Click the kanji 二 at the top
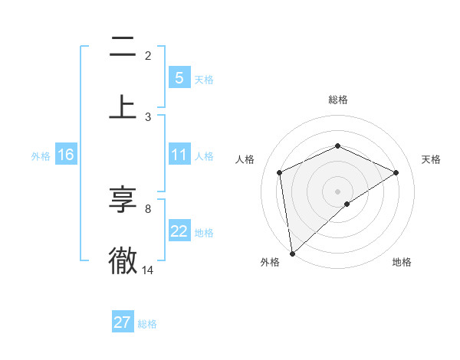pos(123,51)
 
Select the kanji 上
pos(123,107)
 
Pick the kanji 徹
pos(123,260)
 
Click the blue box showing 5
pos(179,78)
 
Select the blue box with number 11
pos(179,155)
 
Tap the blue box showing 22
pos(179,231)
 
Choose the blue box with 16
pos(66,155)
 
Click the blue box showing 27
pos(122,322)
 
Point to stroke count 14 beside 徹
pos(148,270)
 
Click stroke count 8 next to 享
pos(148,208)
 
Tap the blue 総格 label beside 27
pos(147,324)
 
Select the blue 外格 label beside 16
pos(41,156)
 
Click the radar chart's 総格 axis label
pos(338,100)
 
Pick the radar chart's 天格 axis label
pos(432,159)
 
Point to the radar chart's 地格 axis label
pos(402,262)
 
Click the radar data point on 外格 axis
pos(291,253)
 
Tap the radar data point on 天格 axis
pos(396,172)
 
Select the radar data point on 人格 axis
pos(280,172)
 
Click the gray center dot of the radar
pos(338,191)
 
